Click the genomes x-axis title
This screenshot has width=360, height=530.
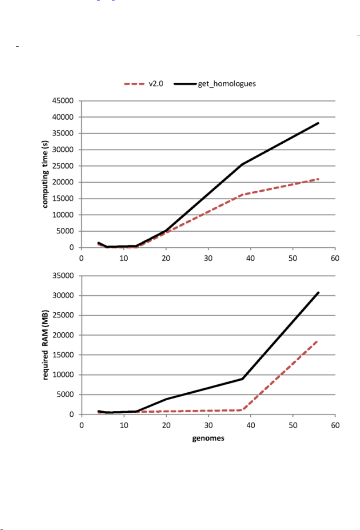click(x=208, y=439)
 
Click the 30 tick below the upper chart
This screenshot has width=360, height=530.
click(x=208, y=258)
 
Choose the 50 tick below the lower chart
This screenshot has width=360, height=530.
click(x=292, y=425)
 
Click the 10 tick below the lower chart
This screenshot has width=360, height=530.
click(x=123, y=425)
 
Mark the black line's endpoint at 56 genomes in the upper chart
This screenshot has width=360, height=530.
click(x=318, y=123)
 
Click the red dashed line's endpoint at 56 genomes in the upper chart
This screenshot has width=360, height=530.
click(x=318, y=179)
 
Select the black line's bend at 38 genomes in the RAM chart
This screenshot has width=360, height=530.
click(x=242, y=379)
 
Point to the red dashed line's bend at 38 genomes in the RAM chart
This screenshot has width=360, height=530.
click(x=242, y=410)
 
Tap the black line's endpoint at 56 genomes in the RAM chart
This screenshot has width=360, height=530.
click(x=318, y=292)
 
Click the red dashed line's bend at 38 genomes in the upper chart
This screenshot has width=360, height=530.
click(x=242, y=195)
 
